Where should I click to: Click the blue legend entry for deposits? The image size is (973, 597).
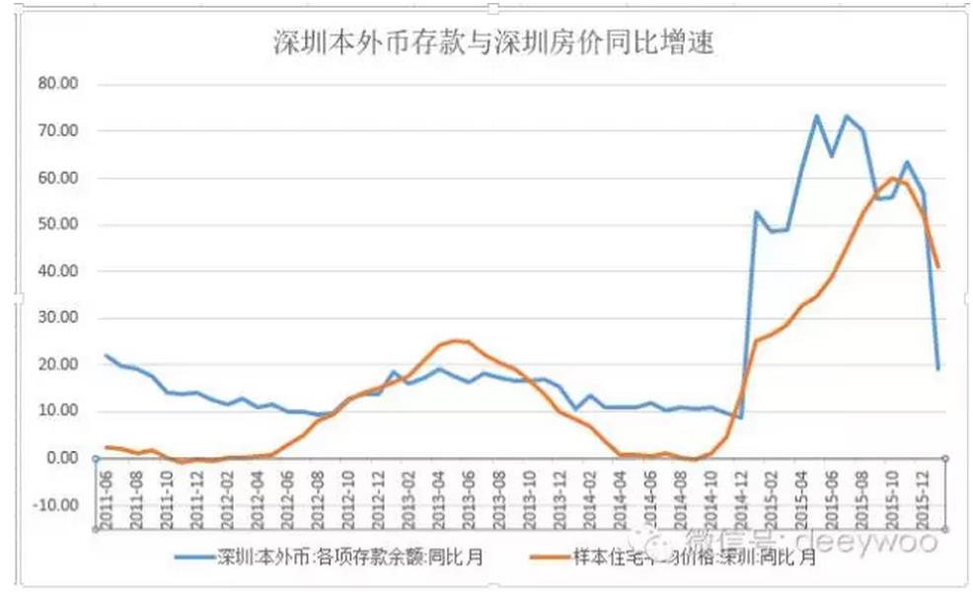336,558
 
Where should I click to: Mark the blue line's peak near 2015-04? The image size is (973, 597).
817,115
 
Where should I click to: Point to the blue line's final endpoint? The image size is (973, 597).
937,368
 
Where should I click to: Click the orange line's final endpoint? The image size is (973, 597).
937,266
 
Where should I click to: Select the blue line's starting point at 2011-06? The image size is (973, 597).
106,355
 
